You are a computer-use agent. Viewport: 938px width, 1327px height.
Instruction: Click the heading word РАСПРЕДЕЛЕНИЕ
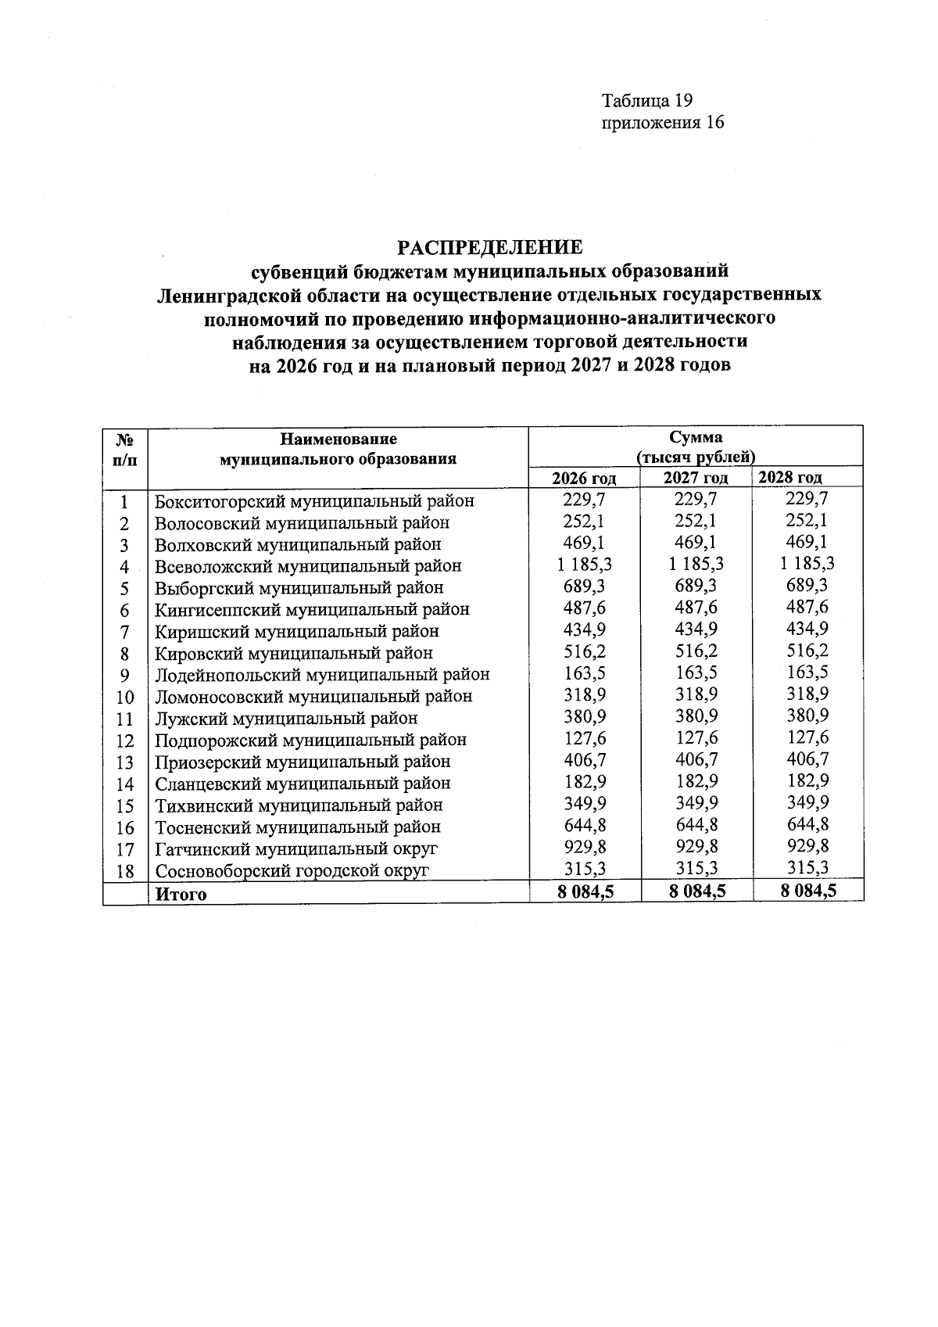tap(490, 248)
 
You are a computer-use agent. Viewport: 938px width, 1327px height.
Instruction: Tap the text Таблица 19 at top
tap(647, 101)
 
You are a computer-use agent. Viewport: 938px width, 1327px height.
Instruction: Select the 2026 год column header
tap(584, 478)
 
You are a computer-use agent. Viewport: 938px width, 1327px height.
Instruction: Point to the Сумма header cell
tap(696, 437)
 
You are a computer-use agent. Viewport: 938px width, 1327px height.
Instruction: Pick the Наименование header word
tap(338, 439)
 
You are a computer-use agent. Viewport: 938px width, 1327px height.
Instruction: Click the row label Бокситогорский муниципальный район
tap(314, 500)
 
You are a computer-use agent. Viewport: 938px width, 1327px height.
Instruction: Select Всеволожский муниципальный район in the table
tap(308, 565)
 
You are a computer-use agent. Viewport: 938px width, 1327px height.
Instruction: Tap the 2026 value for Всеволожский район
tap(585, 564)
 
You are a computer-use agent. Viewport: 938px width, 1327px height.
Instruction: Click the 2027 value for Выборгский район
tap(696, 586)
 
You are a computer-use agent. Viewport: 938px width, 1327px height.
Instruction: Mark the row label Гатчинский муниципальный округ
tap(296, 848)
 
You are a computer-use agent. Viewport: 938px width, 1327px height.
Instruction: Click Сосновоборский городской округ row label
tap(292, 870)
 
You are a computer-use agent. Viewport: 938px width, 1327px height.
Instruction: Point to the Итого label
tap(181, 894)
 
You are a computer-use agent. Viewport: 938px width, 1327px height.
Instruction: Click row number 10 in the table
tap(125, 697)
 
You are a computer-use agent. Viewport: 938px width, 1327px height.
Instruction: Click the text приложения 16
tap(662, 123)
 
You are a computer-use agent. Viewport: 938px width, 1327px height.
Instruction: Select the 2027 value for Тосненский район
tap(696, 825)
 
